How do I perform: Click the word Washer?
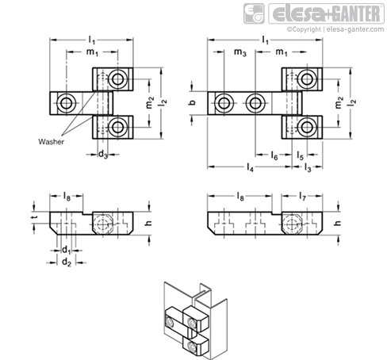coord(51,142)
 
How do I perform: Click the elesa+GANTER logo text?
coord(326,13)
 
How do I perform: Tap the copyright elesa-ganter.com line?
coord(335,29)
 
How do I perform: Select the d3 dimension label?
coord(103,155)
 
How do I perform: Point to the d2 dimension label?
coord(67,262)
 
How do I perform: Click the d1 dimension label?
coord(67,250)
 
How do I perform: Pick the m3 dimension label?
coord(239,52)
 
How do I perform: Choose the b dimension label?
coord(193,102)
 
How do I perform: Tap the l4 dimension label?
coord(250,167)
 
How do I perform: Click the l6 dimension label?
coord(274,155)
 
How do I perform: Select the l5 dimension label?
coord(300,155)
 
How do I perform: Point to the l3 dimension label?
coord(308,167)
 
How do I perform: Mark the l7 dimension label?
coord(302,197)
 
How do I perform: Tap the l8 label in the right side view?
coord(240,197)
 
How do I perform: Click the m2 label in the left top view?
coord(150,103)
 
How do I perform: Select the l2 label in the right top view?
coord(353,103)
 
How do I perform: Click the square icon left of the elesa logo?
coord(254,13)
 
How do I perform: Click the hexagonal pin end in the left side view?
coord(103,224)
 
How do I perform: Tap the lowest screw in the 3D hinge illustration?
coord(191,346)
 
